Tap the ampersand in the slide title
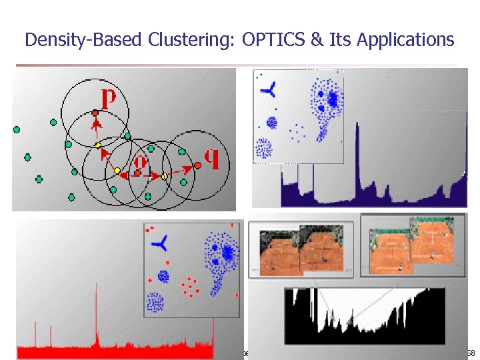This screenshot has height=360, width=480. [x=316, y=40]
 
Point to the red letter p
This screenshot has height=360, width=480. [x=107, y=98]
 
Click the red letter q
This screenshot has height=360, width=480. [x=212, y=157]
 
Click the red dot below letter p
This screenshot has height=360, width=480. [x=95, y=113]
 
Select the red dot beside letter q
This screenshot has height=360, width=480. [x=197, y=165]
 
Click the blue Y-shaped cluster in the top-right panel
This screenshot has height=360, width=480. [x=268, y=91]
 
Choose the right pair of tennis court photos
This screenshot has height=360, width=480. [x=413, y=245]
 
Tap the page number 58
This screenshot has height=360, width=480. [x=470, y=352]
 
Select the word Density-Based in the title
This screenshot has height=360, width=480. [x=83, y=40]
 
